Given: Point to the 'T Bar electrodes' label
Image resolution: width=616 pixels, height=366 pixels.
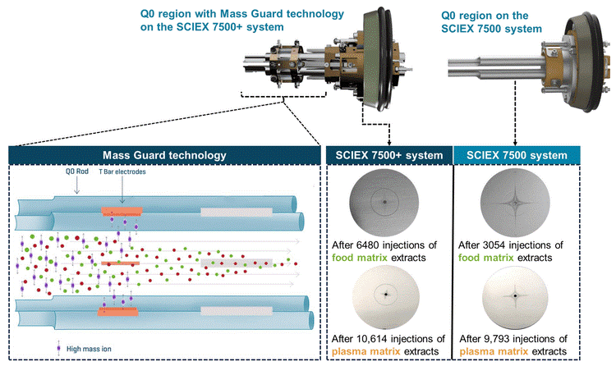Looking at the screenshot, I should tap(122, 174).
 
